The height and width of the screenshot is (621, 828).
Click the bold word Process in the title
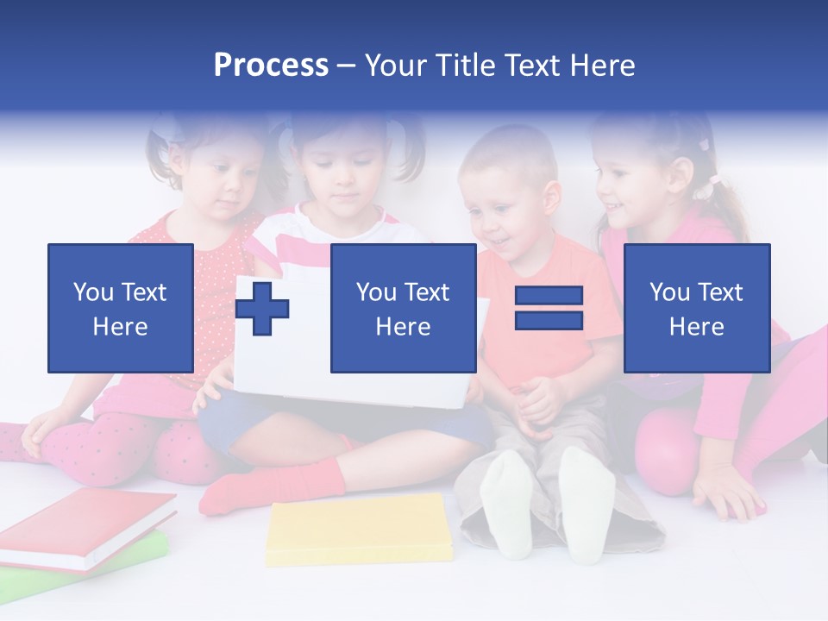click(x=271, y=66)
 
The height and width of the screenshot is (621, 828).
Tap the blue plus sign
click(x=262, y=309)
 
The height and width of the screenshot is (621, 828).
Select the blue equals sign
click(x=549, y=308)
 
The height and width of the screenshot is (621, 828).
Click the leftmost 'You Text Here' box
click(x=120, y=308)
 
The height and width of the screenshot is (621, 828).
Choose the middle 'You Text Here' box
click(x=403, y=308)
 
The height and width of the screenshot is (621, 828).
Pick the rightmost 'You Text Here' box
click(x=696, y=308)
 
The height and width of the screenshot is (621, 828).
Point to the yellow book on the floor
click(x=359, y=528)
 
